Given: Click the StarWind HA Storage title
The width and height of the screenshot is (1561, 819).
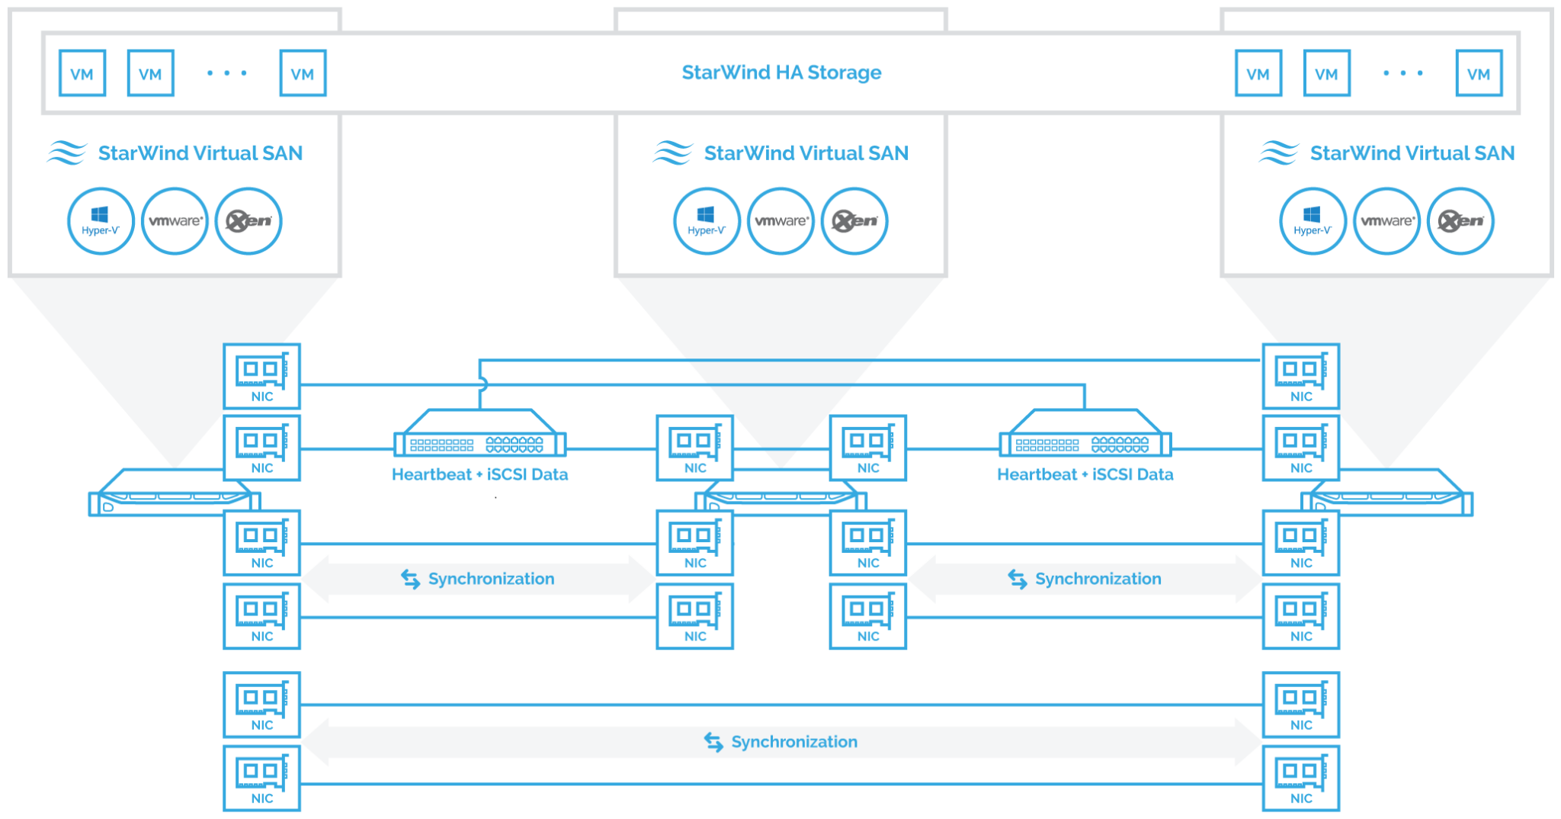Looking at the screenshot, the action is click(x=781, y=72).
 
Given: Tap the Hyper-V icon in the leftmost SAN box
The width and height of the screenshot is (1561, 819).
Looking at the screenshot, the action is click(x=101, y=221).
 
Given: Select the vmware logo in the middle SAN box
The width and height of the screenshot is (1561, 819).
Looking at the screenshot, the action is click(x=780, y=221).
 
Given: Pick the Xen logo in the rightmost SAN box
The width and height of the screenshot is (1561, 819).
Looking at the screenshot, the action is click(x=1460, y=221).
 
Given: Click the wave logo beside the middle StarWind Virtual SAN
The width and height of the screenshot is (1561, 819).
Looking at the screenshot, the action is click(x=673, y=153).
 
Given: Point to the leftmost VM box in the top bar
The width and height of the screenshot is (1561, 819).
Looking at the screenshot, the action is click(x=82, y=73).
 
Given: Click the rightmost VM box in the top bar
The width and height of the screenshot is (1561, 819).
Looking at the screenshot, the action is click(x=1479, y=73).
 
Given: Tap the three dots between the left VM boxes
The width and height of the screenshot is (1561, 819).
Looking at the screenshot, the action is click(x=227, y=73).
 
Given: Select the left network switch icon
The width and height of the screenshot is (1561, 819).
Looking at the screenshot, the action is click(x=479, y=433).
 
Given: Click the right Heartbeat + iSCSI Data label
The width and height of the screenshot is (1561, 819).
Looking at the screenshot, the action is click(x=1085, y=474).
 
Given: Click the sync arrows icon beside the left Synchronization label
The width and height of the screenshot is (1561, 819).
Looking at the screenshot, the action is click(x=411, y=580).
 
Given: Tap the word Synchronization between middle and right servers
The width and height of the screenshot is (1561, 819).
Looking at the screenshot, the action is click(x=1098, y=579).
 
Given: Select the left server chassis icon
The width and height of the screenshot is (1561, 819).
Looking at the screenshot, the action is click(x=175, y=493).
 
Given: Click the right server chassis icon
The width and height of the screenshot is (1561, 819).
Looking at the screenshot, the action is click(x=1387, y=493).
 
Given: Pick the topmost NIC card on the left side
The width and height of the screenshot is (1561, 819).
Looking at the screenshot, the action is click(x=261, y=376).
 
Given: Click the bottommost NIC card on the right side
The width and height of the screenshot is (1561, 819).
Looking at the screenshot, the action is click(x=1301, y=778).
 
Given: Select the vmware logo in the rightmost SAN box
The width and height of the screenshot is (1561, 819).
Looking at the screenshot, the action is click(x=1387, y=221).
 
